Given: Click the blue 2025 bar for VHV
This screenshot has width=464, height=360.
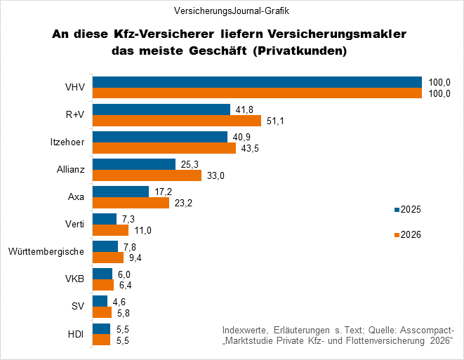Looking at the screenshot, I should [x=257, y=82].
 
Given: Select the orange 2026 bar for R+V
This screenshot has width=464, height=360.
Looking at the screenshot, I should [x=178, y=121].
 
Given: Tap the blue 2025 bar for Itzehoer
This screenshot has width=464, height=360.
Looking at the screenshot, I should [x=160, y=137].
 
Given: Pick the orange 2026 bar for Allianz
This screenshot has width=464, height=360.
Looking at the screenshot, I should [x=147, y=175].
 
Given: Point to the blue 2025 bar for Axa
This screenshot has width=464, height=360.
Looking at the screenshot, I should [x=121, y=192].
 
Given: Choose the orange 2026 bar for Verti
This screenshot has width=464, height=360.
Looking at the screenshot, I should [x=110, y=230].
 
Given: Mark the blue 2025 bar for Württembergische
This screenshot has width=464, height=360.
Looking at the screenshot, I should [x=105, y=246].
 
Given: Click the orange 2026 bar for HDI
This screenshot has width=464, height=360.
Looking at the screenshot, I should [x=102, y=340].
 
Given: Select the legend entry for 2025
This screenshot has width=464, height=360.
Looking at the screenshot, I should [x=407, y=210].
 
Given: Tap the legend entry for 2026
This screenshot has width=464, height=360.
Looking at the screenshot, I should [x=407, y=235].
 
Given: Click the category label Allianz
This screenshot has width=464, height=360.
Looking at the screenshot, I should [x=70, y=170].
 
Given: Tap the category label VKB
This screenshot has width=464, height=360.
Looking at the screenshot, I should [x=74, y=279].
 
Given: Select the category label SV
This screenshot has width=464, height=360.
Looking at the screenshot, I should [x=78, y=307].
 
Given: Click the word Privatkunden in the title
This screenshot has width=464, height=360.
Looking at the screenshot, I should [x=304, y=51].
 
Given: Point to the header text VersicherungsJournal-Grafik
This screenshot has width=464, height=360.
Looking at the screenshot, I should [x=231, y=11].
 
